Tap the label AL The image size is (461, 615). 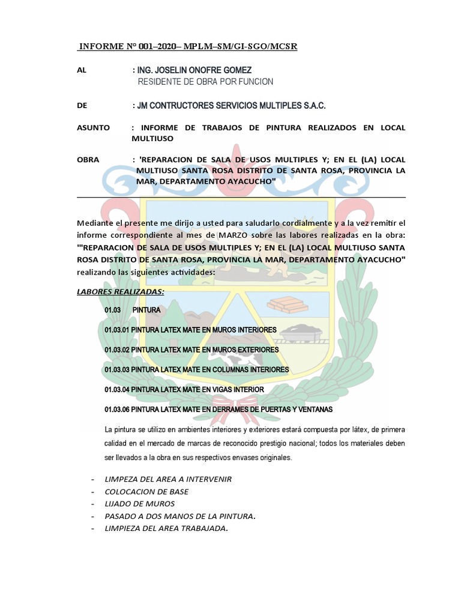pyautogui.click(x=82, y=70)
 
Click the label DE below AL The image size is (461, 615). pyautogui.click(x=83, y=106)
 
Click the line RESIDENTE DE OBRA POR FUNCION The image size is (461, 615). pyautogui.click(x=205, y=82)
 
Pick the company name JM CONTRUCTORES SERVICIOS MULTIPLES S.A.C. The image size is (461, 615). pyautogui.click(x=231, y=106)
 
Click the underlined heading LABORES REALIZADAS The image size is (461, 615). pyautogui.click(x=120, y=292)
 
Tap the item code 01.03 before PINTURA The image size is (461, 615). pyautogui.click(x=113, y=310)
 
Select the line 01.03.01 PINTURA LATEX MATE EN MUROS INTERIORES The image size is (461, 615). pyautogui.click(x=190, y=330)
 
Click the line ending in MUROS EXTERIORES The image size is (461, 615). pyautogui.click(x=191, y=350)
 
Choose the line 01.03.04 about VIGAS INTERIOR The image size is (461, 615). pyautogui.click(x=184, y=389)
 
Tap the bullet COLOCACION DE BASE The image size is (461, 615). pyautogui.click(x=146, y=491)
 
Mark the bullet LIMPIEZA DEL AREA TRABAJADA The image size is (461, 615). pyautogui.click(x=167, y=529)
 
